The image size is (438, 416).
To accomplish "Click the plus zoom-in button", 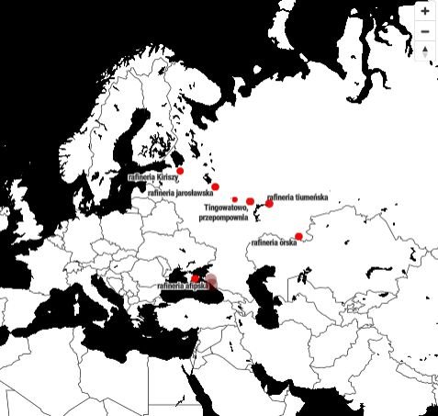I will coord(425,12).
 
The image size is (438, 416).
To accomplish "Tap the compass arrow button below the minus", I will coord(425,51).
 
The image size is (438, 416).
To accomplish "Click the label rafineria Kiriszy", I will coord(152,177).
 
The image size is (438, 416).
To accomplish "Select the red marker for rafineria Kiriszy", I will coord(180,171).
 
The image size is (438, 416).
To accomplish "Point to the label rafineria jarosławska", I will coord(180,194).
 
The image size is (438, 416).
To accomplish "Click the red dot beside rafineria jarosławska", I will coord(215,186).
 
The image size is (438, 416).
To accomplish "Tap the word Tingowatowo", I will coord(227,208).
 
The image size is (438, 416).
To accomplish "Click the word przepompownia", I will coord(224,219).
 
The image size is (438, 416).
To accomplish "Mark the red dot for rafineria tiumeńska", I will coord(269,203).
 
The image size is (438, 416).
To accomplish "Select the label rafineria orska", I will coord(274,243).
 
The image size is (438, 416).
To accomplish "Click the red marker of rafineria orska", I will coord(298,236).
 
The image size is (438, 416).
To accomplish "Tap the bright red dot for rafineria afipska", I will coord(195,278).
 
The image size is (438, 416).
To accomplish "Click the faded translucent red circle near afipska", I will coord(211,281).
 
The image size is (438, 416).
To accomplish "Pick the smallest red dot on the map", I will coord(235,199).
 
